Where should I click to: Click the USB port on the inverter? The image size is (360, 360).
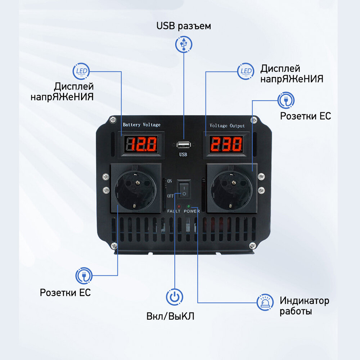click(184, 145)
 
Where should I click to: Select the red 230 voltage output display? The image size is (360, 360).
click(226, 145)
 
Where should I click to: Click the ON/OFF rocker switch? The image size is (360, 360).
click(184, 189)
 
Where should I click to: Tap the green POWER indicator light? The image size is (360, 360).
click(189, 206)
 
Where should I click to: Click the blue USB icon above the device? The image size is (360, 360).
click(184, 44)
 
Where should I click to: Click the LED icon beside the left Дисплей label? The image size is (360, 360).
click(81, 71)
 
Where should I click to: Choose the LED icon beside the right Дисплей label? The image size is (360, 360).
click(246, 71)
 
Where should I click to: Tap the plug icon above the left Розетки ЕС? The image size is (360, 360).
click(84, 276)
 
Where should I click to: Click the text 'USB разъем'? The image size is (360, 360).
click(184, 26)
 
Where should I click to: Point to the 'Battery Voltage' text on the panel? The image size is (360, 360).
click(141, 125)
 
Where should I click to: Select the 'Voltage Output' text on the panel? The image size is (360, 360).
click(227, 126)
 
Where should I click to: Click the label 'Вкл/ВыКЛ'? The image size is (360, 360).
click(170, 317)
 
